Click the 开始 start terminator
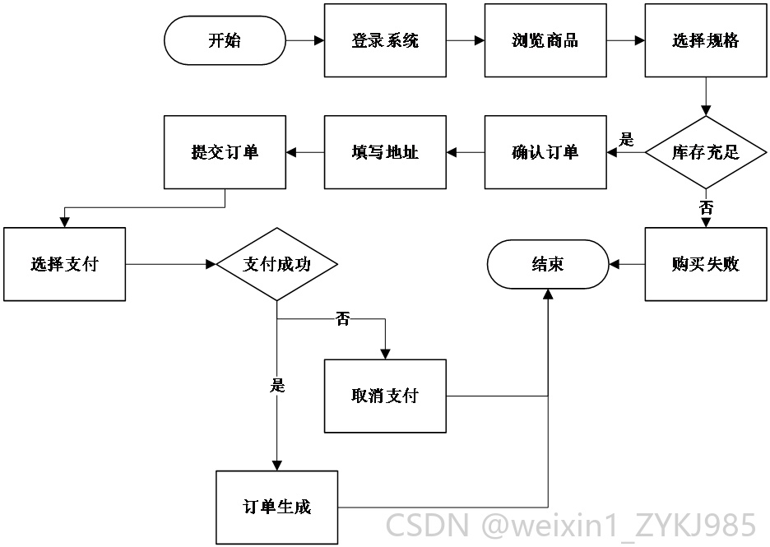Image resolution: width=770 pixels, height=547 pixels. pyautogui.click(x=225, y=40)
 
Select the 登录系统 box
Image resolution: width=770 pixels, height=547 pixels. pyautogui.click(x=385, y=40)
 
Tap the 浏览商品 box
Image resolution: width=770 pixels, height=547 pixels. pyautogui.click(x=545, y=40)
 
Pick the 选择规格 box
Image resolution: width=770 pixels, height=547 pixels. pyautogui.click(x=706, y=40)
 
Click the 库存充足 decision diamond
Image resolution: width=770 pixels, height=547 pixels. pyautogui.click(x=706, y=152)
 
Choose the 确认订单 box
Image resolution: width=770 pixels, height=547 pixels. pyautogui.click(x=545, y=152)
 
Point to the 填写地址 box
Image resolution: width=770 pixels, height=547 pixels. pyautogui.click(x=385, y=152)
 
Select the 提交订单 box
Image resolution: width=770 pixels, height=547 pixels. pyautogui.click(x=225, y=152)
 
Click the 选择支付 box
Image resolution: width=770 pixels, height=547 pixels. pyautogui.click(x=64, y=264)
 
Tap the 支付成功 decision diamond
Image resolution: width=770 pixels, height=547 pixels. pyautogui.click(x=277, y=264)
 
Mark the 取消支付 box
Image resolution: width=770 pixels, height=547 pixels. pyautogui.click(x=385, y=396)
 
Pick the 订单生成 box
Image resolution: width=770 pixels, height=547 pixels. pyautogui.click(x=277, y=508)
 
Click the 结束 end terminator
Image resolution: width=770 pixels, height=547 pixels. pyautogui.click(x=548, y=264)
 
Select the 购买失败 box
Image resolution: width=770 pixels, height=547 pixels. pyautogui.click(x=706, y=264)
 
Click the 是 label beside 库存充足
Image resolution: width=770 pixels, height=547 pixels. pyautogui.click(x=626, y=140)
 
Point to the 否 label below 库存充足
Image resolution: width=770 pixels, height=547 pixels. pyautogui.click(x=706, y=207)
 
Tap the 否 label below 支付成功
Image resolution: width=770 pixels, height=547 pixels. pyautogui.click(x=343, y=319)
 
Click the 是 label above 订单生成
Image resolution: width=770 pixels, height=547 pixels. pyautogui.click(x=277, y=385)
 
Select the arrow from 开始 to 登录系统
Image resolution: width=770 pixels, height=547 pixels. pyautogui.click(x=305, y=40)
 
